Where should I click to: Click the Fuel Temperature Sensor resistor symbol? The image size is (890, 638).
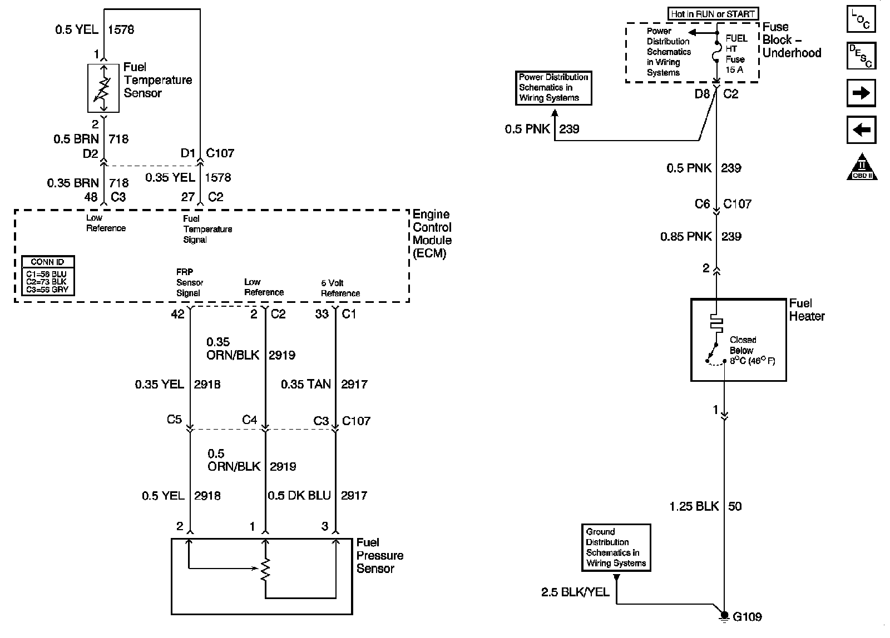[x=103, y=88]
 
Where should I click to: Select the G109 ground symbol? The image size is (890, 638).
[x=724, y=616]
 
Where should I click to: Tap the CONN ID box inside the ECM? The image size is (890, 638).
[x=48, y=276]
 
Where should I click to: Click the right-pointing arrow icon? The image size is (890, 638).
[x=861, y=93]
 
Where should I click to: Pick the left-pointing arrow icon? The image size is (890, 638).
[x=861, y=130]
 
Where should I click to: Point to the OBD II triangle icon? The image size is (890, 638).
[x=862, y=167]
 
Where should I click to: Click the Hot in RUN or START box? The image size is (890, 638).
[x=713, y=14]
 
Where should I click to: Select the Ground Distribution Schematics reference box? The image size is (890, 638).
[x=616, y=547]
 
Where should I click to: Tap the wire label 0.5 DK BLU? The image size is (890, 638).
[x=299, y=495]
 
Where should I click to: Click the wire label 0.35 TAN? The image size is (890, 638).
[x=305, y=384]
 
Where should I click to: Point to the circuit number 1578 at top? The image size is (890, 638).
[x=121, y=29]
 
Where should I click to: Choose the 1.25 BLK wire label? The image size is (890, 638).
[x=695, y=506]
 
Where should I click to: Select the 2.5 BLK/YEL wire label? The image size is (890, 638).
[x=575, y=592]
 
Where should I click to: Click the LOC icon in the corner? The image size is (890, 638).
[x=861, y=19]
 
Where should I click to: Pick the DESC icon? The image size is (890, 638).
[x=861, y=56]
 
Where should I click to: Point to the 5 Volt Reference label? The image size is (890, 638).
[x=340, y=288]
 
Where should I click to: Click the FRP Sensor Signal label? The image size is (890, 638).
[x=189, y=283]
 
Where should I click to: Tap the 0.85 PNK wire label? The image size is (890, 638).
[x=686, y=237]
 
